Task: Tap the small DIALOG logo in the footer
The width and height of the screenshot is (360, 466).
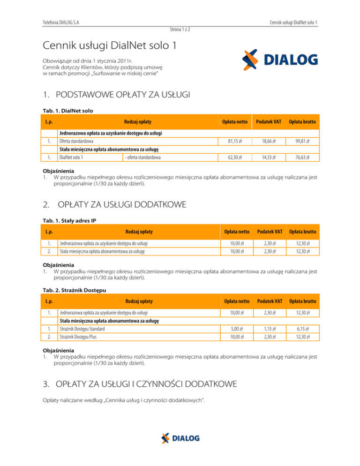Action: click(180, 438)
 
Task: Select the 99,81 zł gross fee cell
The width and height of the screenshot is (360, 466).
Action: click(301, 141)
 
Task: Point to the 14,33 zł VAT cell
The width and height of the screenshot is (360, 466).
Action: click(268, 158)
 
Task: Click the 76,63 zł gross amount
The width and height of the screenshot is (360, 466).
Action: click(301, 158)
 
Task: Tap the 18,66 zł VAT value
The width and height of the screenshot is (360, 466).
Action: click(268, 141)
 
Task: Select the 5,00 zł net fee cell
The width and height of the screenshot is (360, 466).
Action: click(236, 329)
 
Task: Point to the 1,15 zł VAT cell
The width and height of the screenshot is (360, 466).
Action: click(269, 329)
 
